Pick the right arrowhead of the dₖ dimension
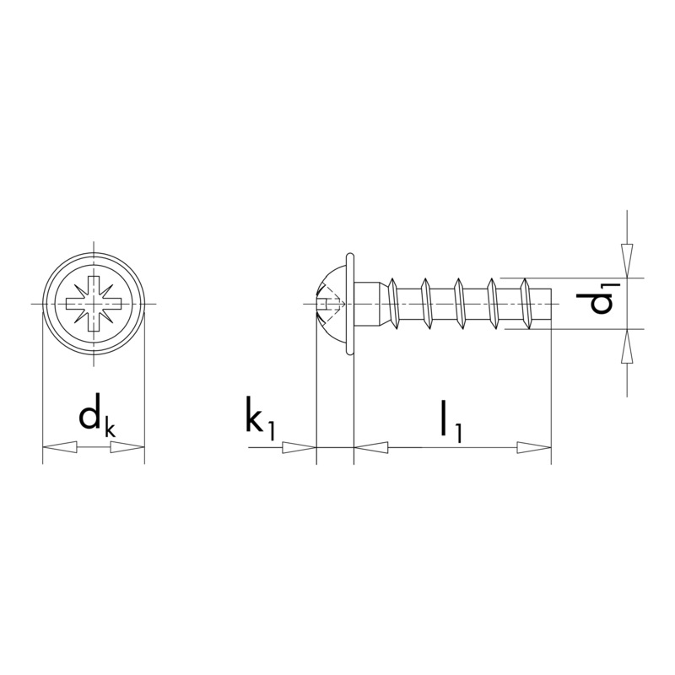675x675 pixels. coord(127,448)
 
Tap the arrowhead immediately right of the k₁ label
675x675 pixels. coord(298,448)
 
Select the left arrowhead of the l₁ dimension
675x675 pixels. coord(371,448)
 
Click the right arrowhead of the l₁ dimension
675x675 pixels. coord(533,448)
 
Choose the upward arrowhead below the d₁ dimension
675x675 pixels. coord(626,348)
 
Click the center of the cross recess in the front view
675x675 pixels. coord(94,302)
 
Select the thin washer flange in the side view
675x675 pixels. coord(349,301)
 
